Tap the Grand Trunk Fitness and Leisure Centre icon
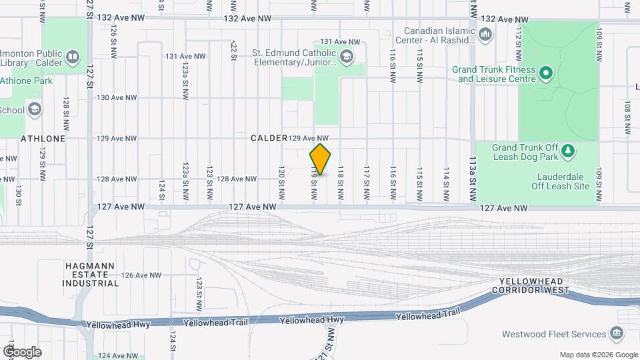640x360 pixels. pos(545,72)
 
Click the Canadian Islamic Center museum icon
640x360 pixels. pos(485,34)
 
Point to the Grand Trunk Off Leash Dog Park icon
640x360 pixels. pos(567,151)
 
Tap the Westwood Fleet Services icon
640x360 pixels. pos(617,333)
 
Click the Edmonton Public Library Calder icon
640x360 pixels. pos(73,57)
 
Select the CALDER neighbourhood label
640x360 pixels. pos(268,138)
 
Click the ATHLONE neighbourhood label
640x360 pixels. pos(43,139)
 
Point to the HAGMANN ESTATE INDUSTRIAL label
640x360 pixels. pos(91,274)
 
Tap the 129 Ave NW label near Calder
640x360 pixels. pos(309,138)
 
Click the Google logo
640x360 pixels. pos(22,351)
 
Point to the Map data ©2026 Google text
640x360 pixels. pos(598,355)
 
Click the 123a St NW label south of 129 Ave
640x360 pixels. pos(185,179)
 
